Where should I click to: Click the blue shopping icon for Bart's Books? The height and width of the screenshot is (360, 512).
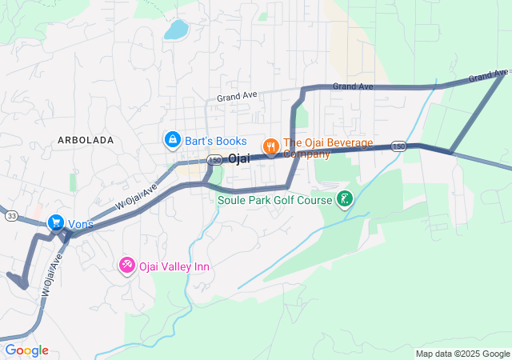pos(172,141)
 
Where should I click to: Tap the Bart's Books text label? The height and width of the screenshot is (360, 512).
pos(216,141)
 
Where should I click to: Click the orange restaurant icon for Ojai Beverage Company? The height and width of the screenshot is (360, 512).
pos(271,146)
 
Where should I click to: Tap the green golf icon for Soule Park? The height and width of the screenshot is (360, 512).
pos(345,198)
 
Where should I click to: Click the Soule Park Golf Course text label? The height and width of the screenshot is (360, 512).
pos(274,199)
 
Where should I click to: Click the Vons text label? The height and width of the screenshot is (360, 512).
pos(81,224)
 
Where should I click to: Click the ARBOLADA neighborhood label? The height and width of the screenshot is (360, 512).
pos(86,140)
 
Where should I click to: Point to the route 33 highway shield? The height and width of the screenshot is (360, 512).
pos(12,216)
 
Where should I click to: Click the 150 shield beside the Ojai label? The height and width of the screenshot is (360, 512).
pos(215,160)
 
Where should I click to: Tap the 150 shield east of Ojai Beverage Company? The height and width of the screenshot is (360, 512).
pos(400,146)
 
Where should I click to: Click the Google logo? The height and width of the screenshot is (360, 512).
pos(26,350)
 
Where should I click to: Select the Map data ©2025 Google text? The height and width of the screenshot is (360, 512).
pos(462,354)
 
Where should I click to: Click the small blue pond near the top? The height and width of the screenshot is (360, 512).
pos(175,30)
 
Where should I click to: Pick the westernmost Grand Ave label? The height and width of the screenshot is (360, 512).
pos(237,95)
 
